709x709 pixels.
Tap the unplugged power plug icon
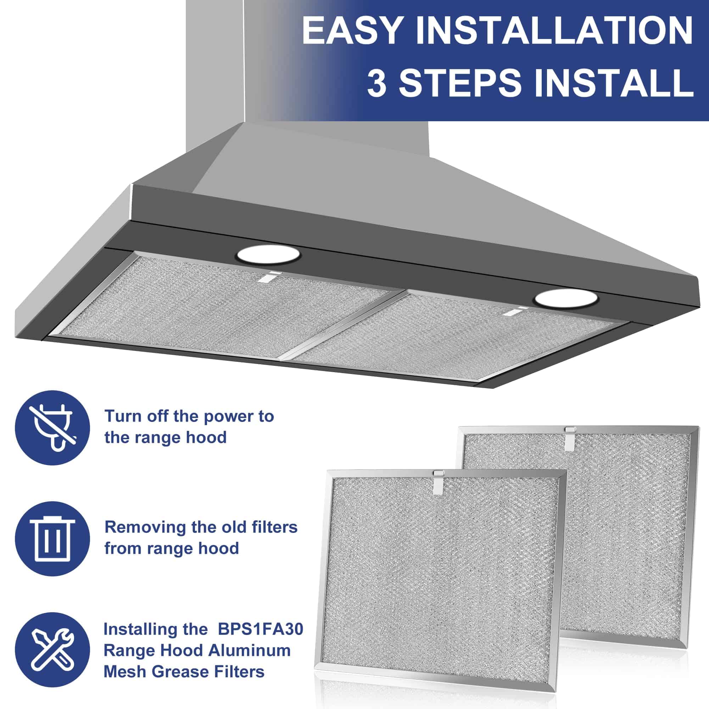coord(52,428)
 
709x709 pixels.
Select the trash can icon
coord(52,538)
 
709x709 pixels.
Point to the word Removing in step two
coord(146,528)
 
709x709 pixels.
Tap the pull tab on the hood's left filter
coord(268,277)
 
